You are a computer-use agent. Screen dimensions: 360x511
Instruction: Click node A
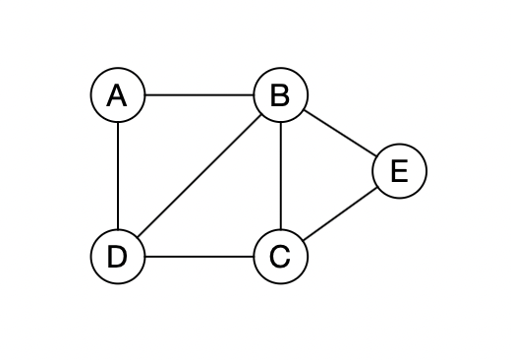pyautogui.click(x=117, y=95)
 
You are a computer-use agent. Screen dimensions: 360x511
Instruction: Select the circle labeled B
pyautogui.click(x=280, y=95)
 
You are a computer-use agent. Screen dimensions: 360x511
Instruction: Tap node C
pyautogui.click(x=280, y=257)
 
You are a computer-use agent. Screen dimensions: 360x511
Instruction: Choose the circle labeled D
pyautogui.click(x=117, y=257)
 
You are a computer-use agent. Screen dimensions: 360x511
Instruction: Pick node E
pyautogui.click(x=399, y=171)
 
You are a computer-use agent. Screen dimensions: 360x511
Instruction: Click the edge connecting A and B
pyautogui.click(x=199, y=95)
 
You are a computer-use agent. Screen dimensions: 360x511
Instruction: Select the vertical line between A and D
pyautogui.click(x=117, y=176)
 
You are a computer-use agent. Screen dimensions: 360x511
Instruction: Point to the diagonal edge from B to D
pyautogui.click(x=199, y=176)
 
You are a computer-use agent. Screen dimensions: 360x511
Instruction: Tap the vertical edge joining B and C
pyautogui.click(x=280, y=176)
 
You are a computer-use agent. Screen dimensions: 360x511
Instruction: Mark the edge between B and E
pyautogui.click(x=339, y=133)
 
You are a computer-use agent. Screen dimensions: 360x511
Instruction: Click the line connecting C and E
pyautogui.click(x=339, y=214)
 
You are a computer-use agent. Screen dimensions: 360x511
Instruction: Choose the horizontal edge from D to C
pyautogui.click(x=199, y=257)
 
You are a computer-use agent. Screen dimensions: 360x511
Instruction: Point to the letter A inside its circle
pyautogui.click(x=117, y=95)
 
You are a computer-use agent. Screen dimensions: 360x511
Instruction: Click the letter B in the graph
pyautogui.click(x=280, y=95)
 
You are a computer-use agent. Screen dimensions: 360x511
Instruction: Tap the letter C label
pyautogui.click(x=280, y=257)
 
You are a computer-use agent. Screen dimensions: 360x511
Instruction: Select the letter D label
pyautogui.click(x=117, y=257)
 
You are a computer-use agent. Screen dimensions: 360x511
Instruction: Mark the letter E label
pyautogui.click(x=399, y=171)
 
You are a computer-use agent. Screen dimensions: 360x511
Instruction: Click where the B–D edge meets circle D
pyautogui.click(x=137, y=238)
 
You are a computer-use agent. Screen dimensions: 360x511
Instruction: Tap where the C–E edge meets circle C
pyautogui.click(x=303, y=241)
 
